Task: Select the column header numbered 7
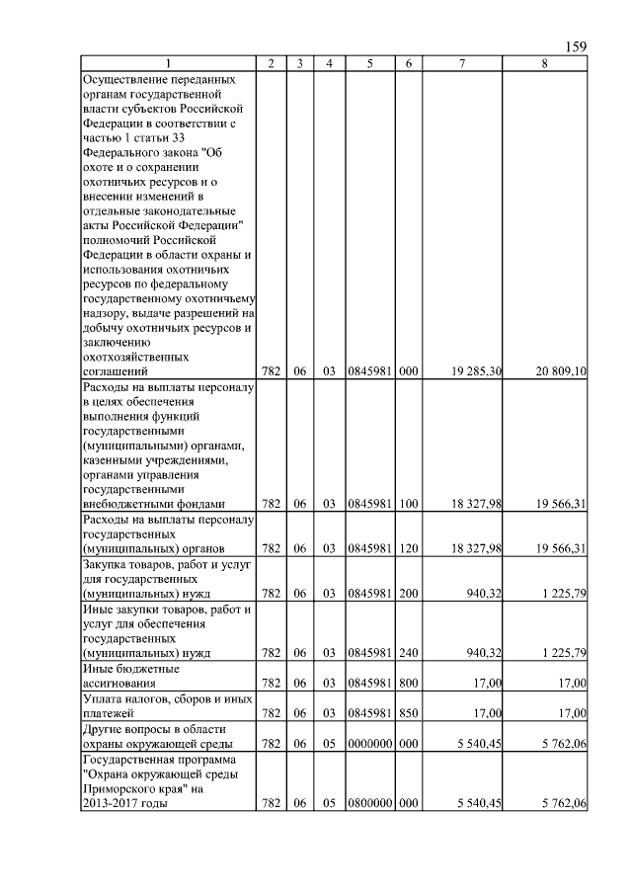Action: click(x=461, y=63)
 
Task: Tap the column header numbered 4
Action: click(x=329, y=63)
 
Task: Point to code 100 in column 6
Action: click(x=409, y=504)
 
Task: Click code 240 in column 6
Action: click(x=409, y=653)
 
